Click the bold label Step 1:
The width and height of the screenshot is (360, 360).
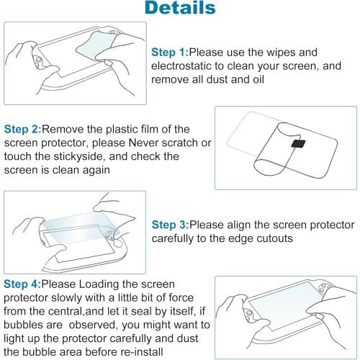pyautogui.click(x=170, y=53)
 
